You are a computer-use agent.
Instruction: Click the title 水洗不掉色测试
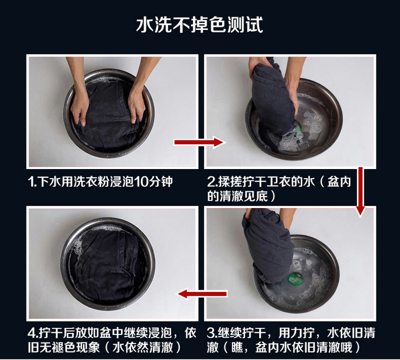click(x=199, y=25)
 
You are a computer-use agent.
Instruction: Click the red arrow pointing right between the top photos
click(x=199, y=142)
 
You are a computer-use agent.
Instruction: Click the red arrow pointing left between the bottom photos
click(x=202, y=294)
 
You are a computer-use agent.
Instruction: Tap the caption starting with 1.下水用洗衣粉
click(x=100, y=182)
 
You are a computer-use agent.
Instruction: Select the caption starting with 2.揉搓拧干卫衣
click(x=279, y=189)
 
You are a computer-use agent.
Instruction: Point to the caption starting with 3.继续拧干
click(x=291, y=340)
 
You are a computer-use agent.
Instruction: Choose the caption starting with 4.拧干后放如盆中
click(x=112, y=340)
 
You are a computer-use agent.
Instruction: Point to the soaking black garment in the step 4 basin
click(x=107, y=268)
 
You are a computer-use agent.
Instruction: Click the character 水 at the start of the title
click(x=145, y=25)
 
